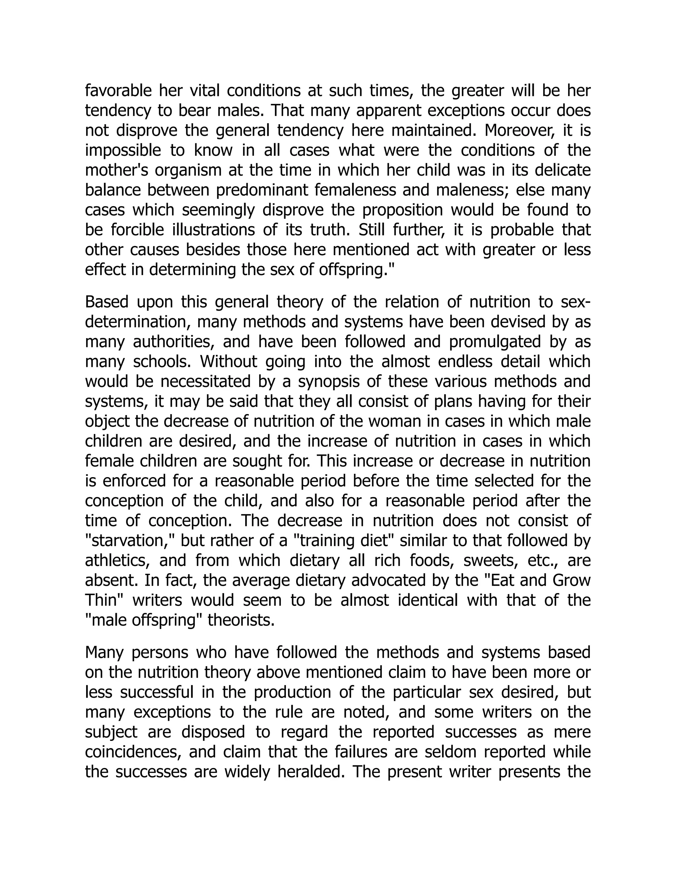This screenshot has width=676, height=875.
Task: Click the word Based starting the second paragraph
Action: pos(107,302)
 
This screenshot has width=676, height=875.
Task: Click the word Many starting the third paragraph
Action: pos(104,652)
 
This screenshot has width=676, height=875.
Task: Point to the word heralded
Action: pos(311,772)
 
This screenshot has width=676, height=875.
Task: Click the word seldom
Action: pos(450,752)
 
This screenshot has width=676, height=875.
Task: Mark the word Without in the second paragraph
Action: pos(229,361)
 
